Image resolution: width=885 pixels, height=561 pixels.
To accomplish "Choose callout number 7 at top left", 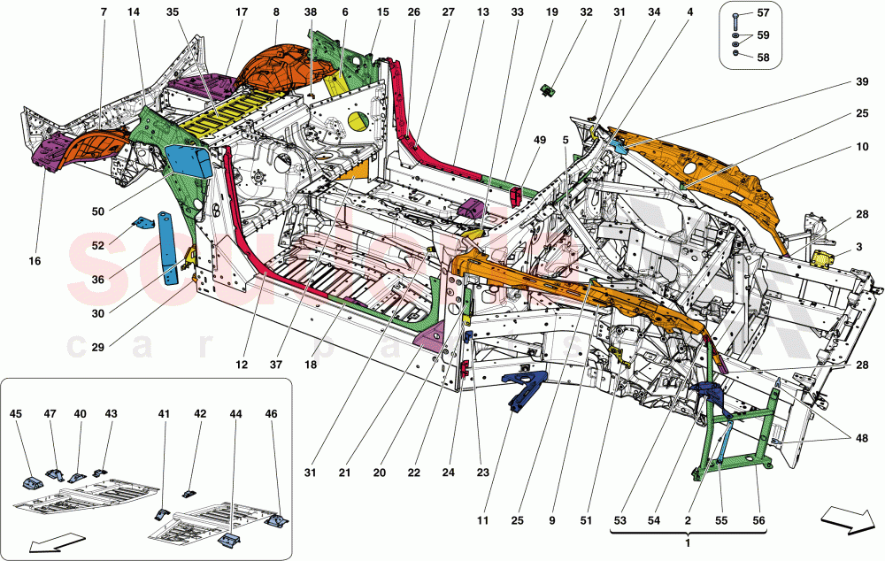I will [x=104, y=12].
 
